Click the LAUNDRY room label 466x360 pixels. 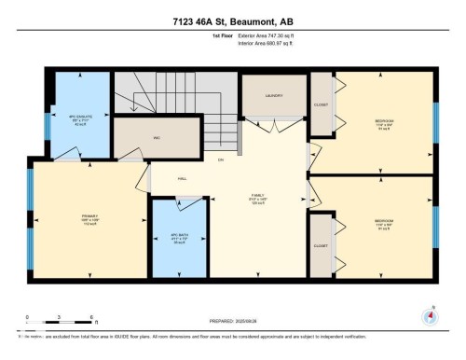273,95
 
